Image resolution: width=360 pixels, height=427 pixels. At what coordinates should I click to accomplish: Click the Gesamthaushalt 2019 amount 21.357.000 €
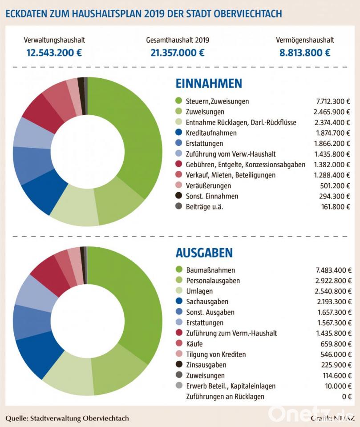(178, 52)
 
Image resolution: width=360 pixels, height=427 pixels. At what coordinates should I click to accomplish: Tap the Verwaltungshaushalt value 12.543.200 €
(54, 52)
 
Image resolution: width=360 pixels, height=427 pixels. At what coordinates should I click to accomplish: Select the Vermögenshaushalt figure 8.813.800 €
(305, 52)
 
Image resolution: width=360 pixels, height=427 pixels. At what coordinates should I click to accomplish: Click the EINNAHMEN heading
(209, 83)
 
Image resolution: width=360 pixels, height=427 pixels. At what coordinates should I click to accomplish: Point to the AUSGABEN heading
(204, 253)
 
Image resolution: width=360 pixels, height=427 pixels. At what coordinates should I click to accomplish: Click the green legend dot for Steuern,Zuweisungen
(178, 101)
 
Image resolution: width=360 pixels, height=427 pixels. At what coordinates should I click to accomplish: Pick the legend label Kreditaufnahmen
(211, 133)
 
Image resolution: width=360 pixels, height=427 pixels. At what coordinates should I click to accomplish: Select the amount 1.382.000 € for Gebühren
(332, 165)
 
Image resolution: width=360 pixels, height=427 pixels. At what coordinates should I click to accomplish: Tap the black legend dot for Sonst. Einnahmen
(178, 196)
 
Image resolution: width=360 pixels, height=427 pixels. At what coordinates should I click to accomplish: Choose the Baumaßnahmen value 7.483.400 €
(334, 270)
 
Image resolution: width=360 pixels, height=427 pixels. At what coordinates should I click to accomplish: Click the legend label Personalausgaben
(213, 281)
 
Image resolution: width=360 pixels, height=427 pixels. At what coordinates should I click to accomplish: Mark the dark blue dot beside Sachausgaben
(179, 301)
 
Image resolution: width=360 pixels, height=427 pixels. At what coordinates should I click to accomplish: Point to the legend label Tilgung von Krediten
(216, 354)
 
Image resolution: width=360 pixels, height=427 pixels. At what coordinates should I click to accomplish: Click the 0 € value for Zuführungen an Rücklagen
(347, 396)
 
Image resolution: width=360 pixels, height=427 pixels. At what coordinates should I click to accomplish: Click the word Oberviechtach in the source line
(106, 418)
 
